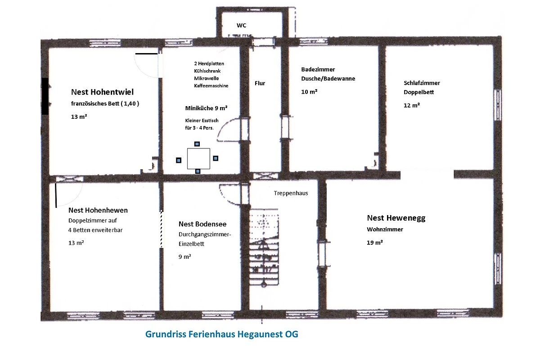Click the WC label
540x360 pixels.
[241, 25]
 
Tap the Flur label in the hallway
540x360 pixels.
[260, 83]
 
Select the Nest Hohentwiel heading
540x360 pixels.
[102, 92]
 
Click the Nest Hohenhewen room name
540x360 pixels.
[98, 210]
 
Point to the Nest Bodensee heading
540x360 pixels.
[202, 224]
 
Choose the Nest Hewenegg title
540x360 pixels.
[396, 218]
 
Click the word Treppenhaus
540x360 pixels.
[291, 193]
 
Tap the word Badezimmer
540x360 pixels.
[318, 69]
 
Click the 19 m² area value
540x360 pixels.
[375, 243]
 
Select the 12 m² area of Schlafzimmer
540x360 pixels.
[412, 105]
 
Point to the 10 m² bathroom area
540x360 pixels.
[309, 92]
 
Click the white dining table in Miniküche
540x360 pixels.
[198, 159]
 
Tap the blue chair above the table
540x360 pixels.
[197, 144]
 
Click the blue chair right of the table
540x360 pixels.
[216, 158]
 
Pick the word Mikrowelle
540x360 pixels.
[207, 78]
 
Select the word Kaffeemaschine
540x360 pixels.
[211, 85]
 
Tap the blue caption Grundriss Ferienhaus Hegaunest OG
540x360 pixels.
[222, 334]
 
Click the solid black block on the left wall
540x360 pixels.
[45, 96]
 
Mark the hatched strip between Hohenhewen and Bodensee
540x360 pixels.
[162, 229]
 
